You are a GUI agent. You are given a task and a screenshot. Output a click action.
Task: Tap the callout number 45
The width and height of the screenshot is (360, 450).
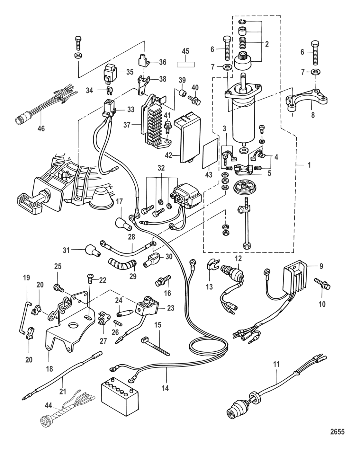pyautogui.click(x=185, y=51)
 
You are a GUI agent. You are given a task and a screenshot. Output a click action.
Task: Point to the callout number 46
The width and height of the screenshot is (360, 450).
pyautogui.click(x=41, y=128)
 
